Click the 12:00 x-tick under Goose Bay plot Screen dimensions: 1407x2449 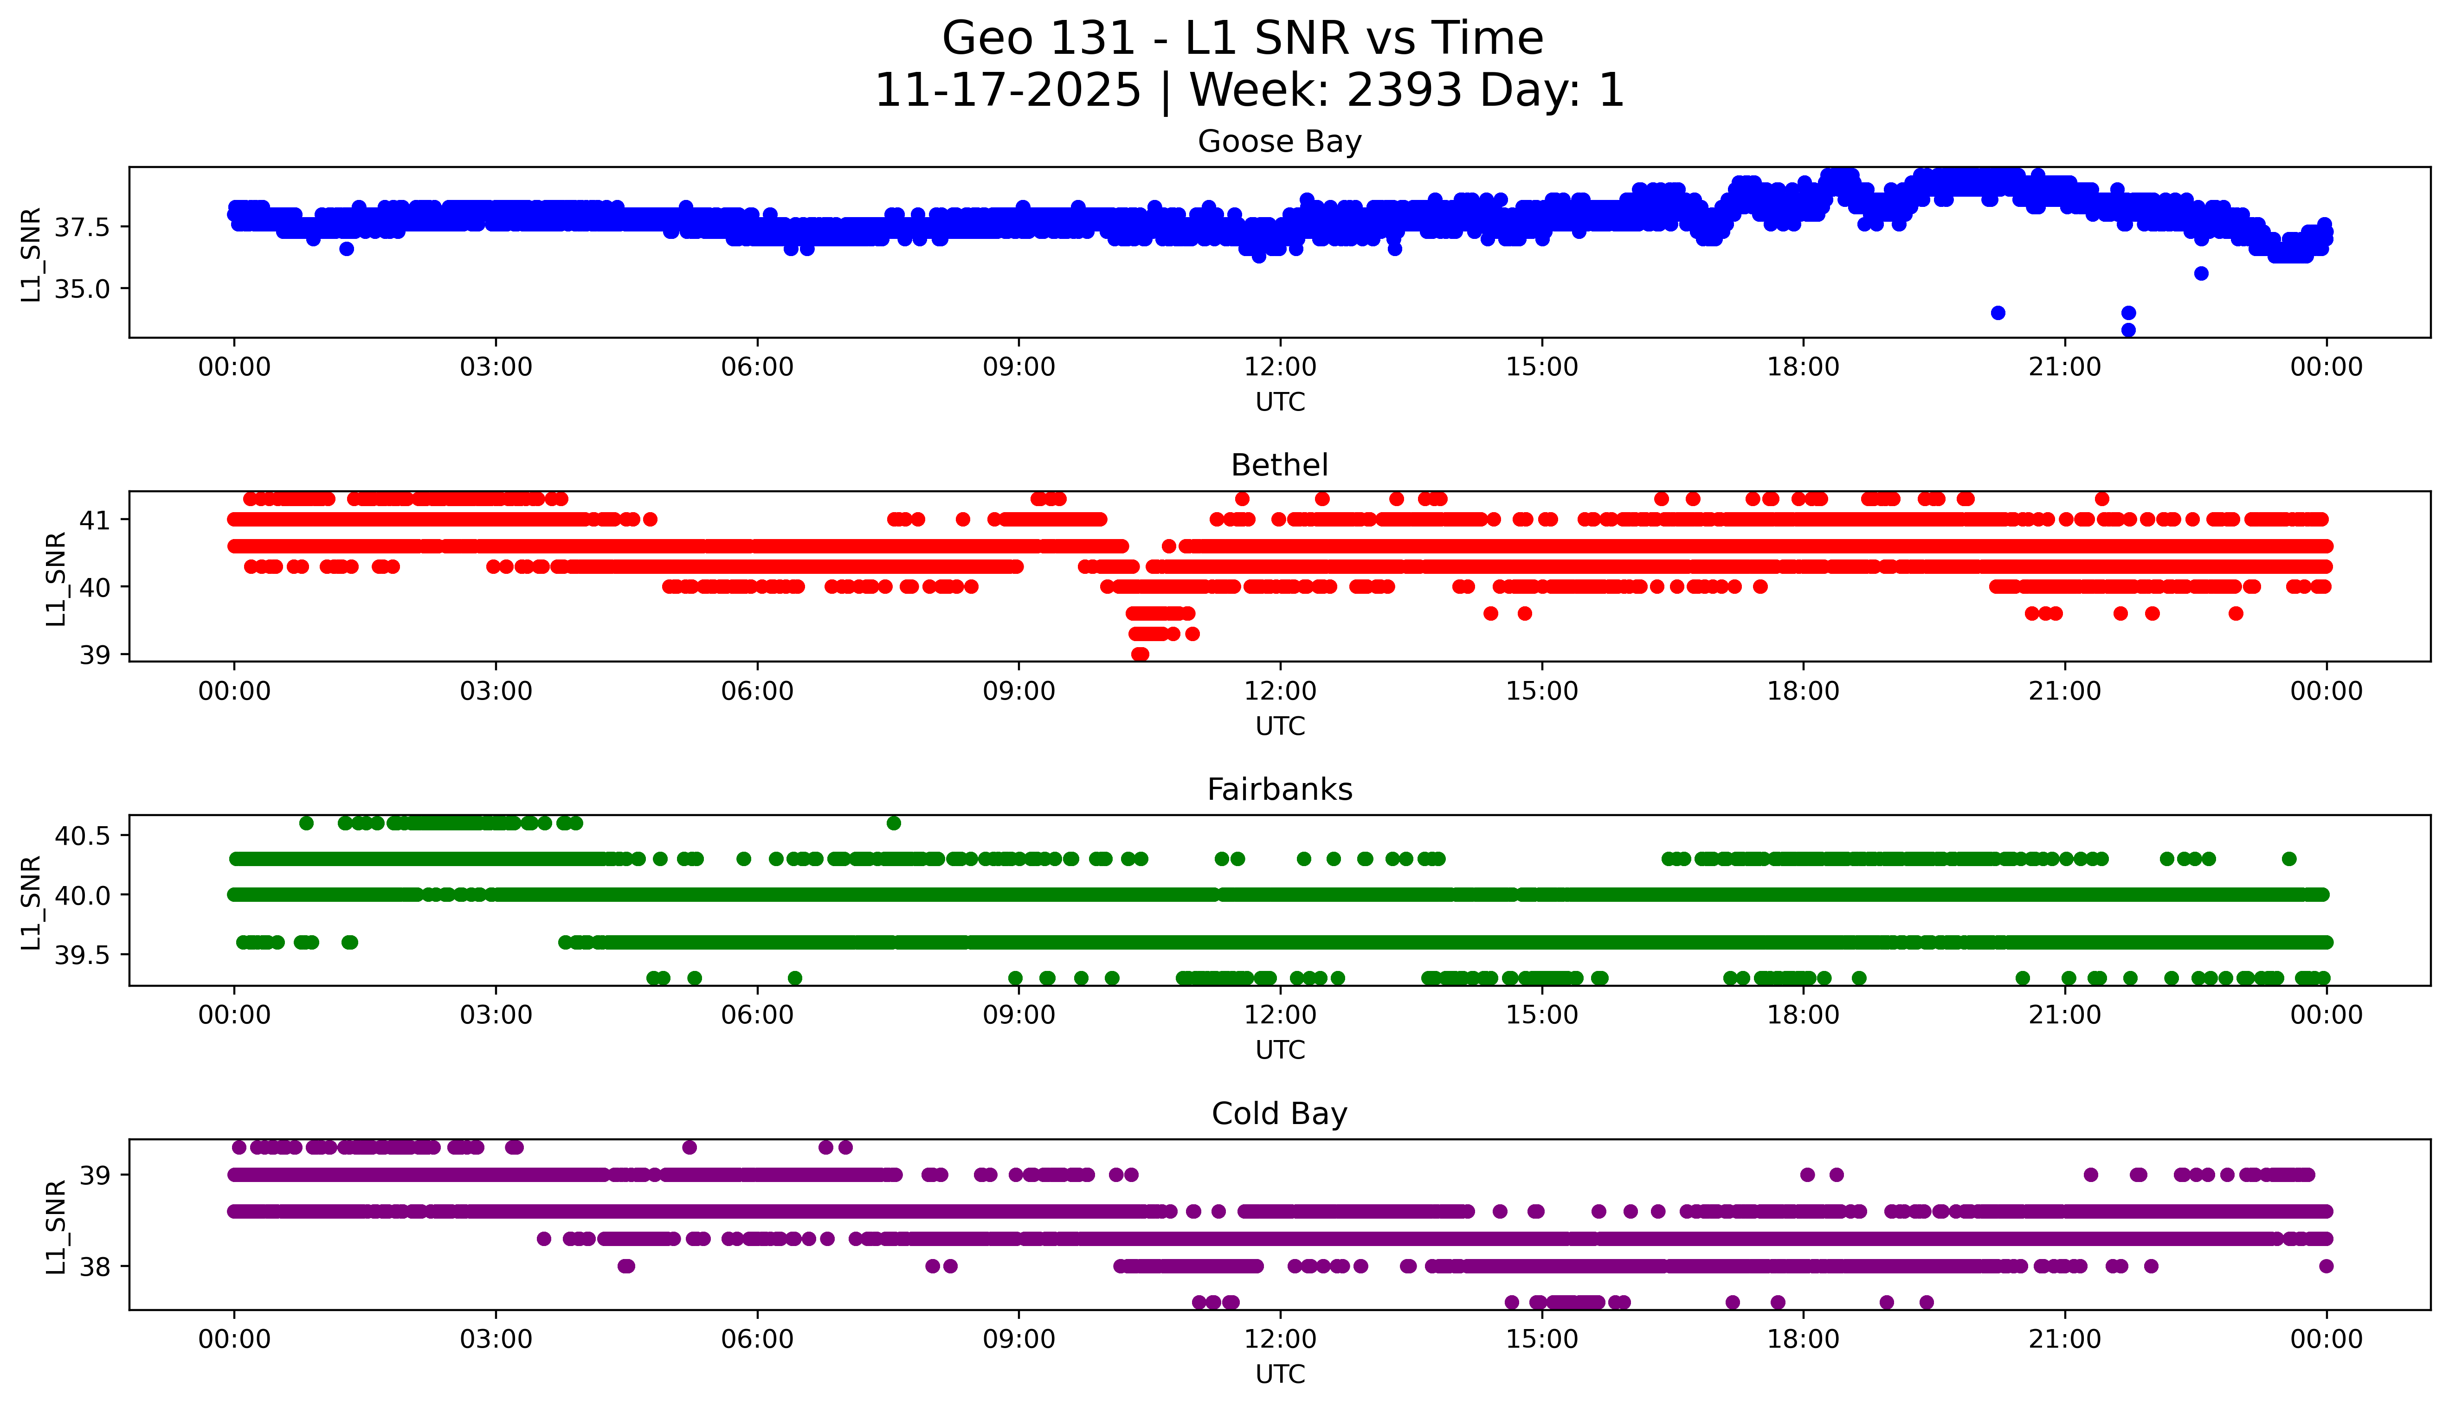(1280, 367)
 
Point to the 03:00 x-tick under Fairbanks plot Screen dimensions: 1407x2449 (496, 1015)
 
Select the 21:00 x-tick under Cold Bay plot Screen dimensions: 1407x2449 (2064, 1339)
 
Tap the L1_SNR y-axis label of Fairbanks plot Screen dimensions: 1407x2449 (31, 902)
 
